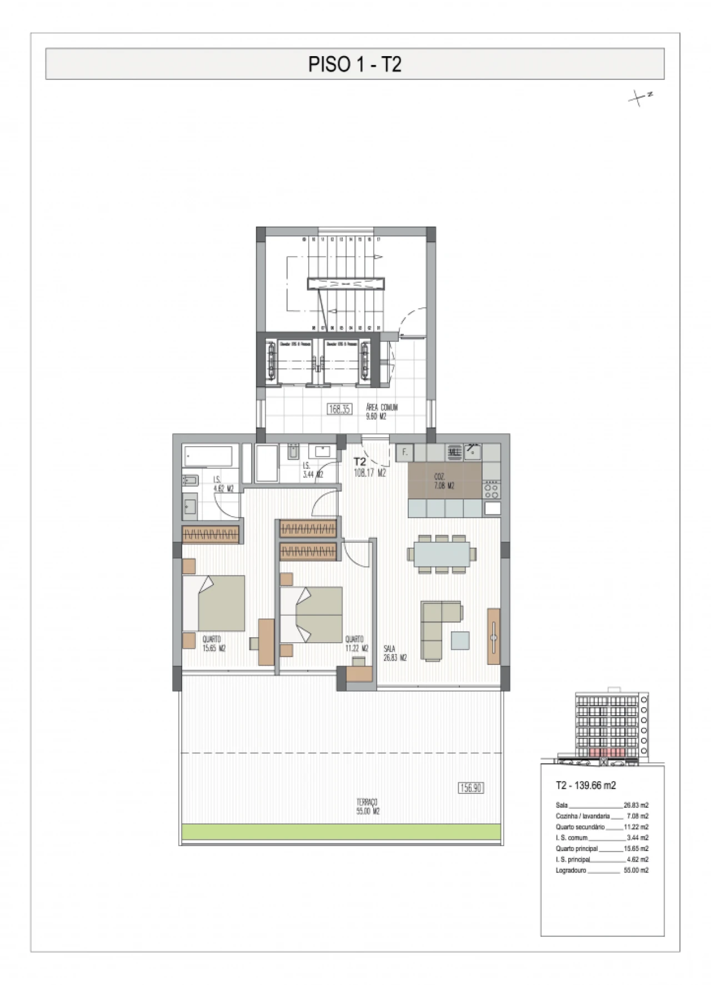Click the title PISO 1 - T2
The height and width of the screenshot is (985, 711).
354,64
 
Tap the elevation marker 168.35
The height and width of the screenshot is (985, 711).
339,409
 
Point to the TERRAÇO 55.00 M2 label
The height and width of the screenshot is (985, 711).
367,807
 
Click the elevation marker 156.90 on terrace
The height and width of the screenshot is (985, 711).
470,787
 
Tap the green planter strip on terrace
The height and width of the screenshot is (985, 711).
341,832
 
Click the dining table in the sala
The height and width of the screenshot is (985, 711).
442,554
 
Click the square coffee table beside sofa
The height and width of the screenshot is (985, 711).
460,641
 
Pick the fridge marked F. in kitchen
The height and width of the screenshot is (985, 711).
405,452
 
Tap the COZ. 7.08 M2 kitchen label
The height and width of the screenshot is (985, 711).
444,482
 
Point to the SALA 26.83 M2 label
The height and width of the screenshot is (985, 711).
395,653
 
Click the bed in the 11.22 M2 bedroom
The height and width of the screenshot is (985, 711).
311,614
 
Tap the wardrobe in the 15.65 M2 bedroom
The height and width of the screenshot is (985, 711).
211,534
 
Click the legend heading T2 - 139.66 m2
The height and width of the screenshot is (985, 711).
585,786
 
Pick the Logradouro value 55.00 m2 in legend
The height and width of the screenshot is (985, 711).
636,871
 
